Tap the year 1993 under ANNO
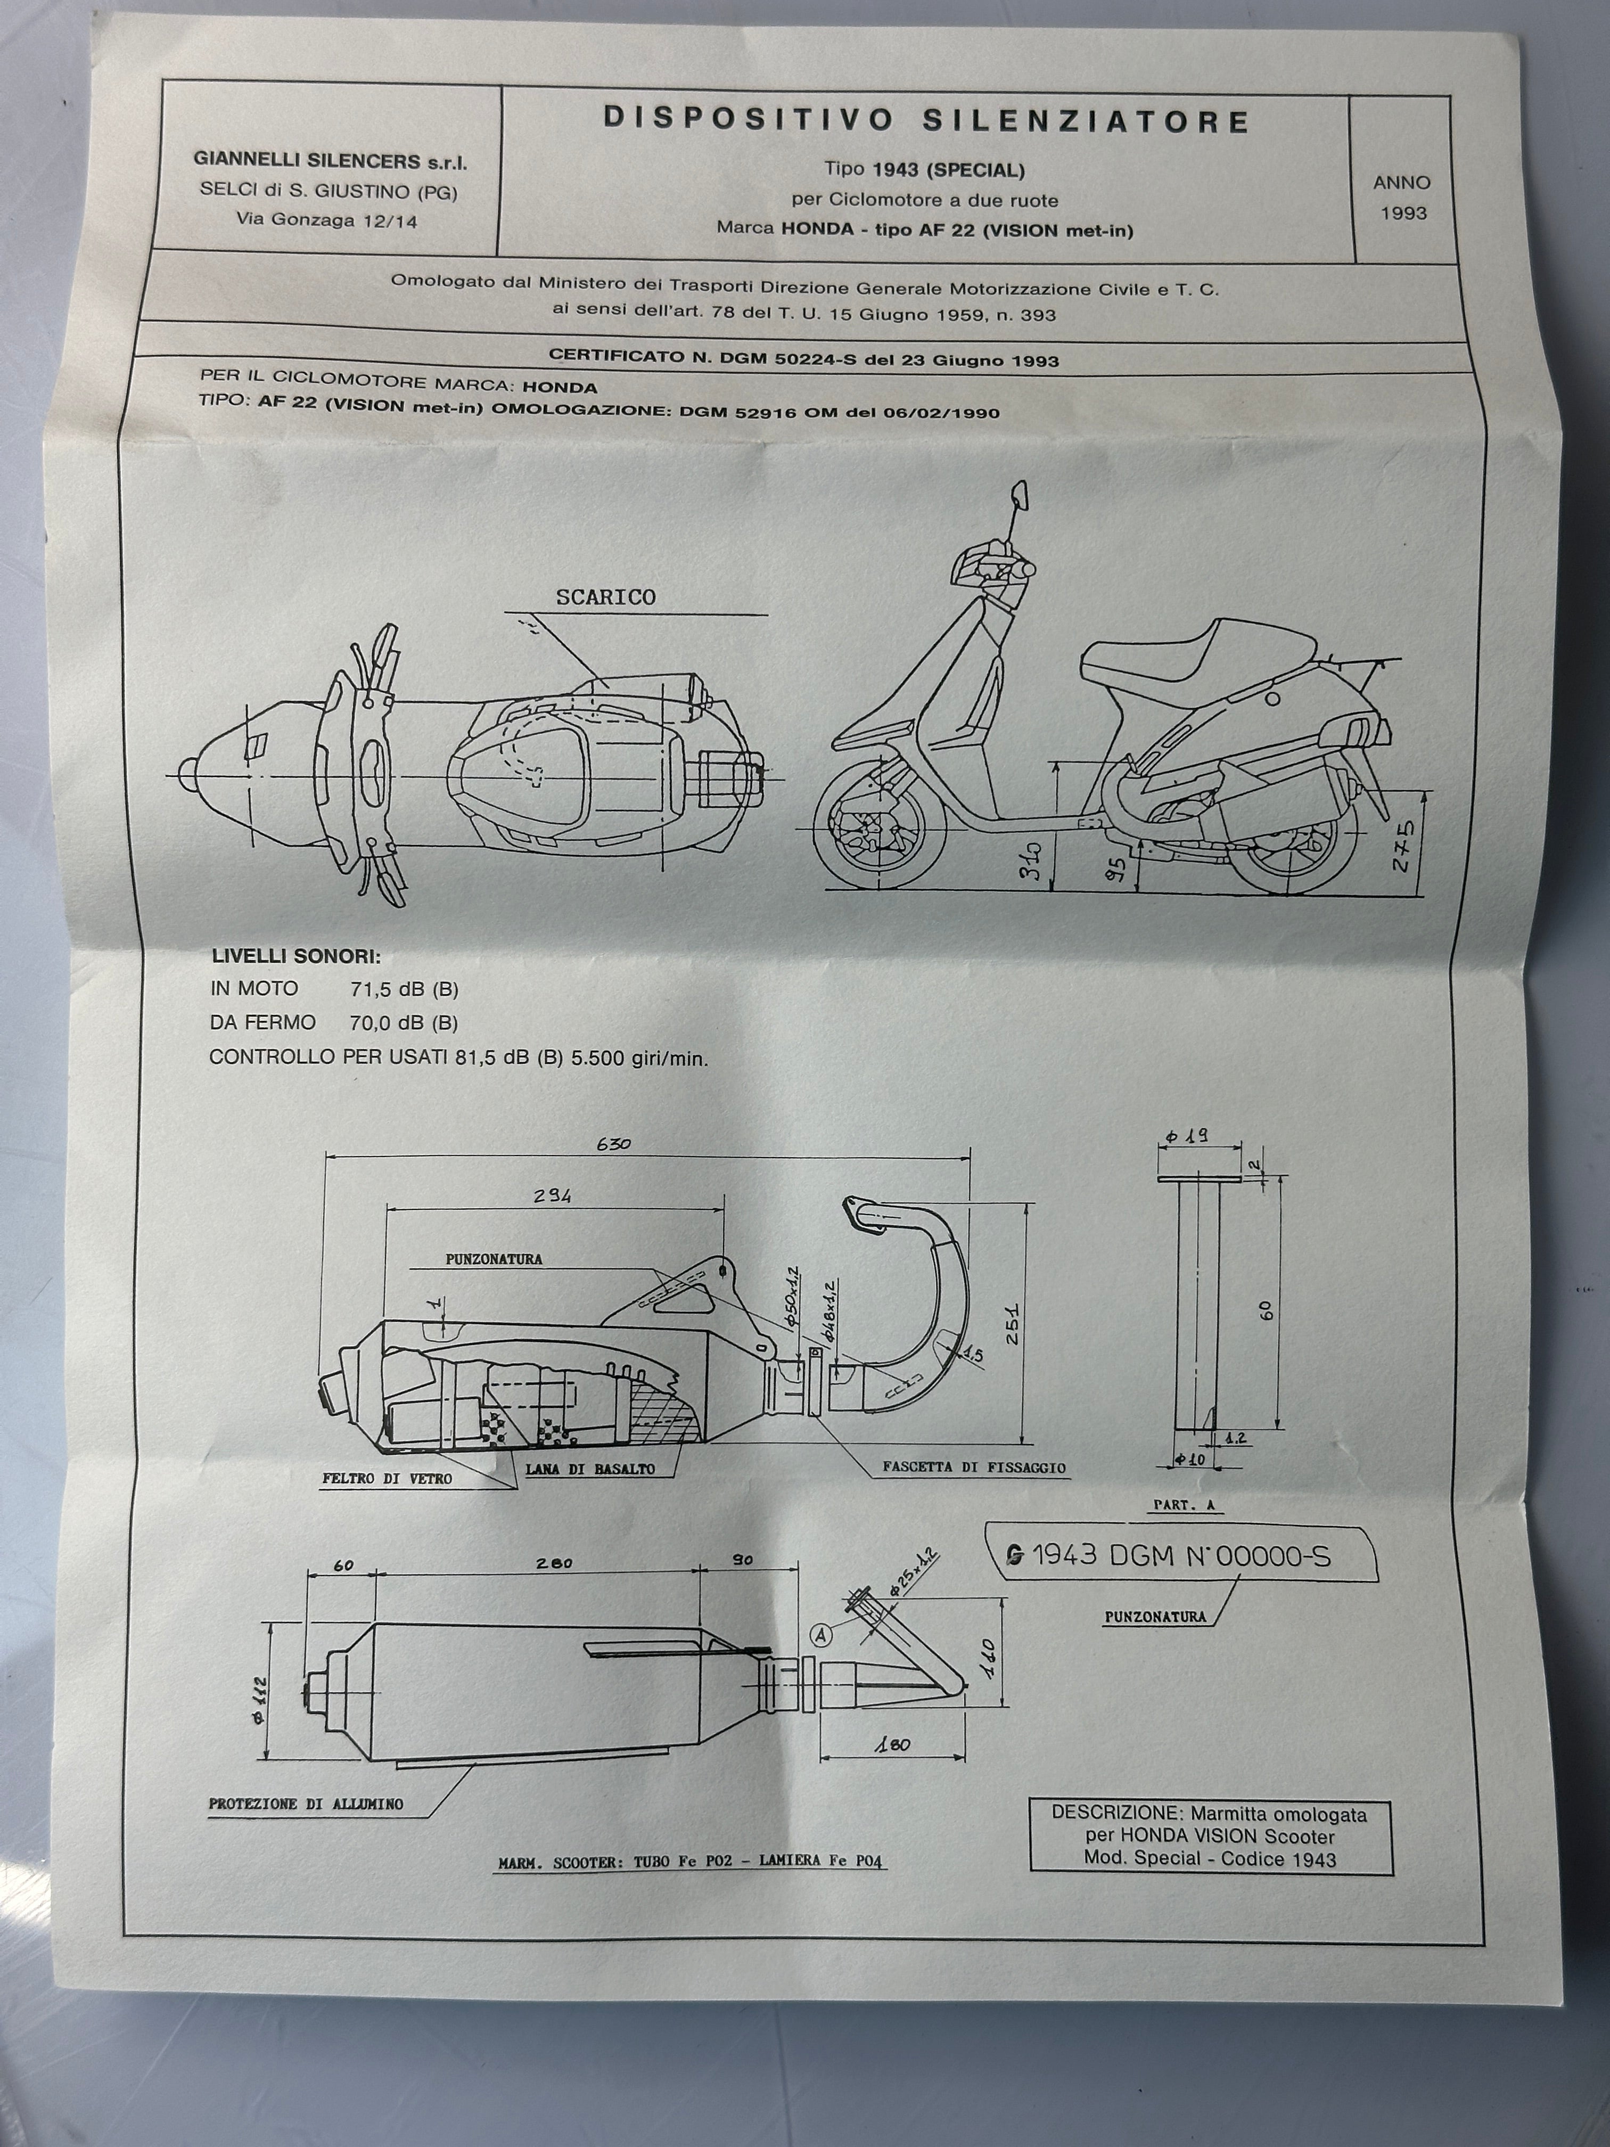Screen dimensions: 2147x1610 pyautogui.click(x=1403, y=214)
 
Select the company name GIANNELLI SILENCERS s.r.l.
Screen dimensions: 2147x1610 pyautogui.click(x=330, y=161)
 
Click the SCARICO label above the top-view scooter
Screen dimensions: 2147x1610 pyautogui.click(x=605, y=597)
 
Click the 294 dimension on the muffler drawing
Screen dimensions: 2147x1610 pyautogui.click(x=552, y=1196)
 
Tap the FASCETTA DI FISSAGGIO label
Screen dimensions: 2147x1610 pyautogui.click(x=973, y=1468)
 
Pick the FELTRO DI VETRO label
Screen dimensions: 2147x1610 pyautogui.click(x=387, y=1478)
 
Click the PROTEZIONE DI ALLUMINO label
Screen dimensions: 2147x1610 pyautogui.click(x=306, y=1804)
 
